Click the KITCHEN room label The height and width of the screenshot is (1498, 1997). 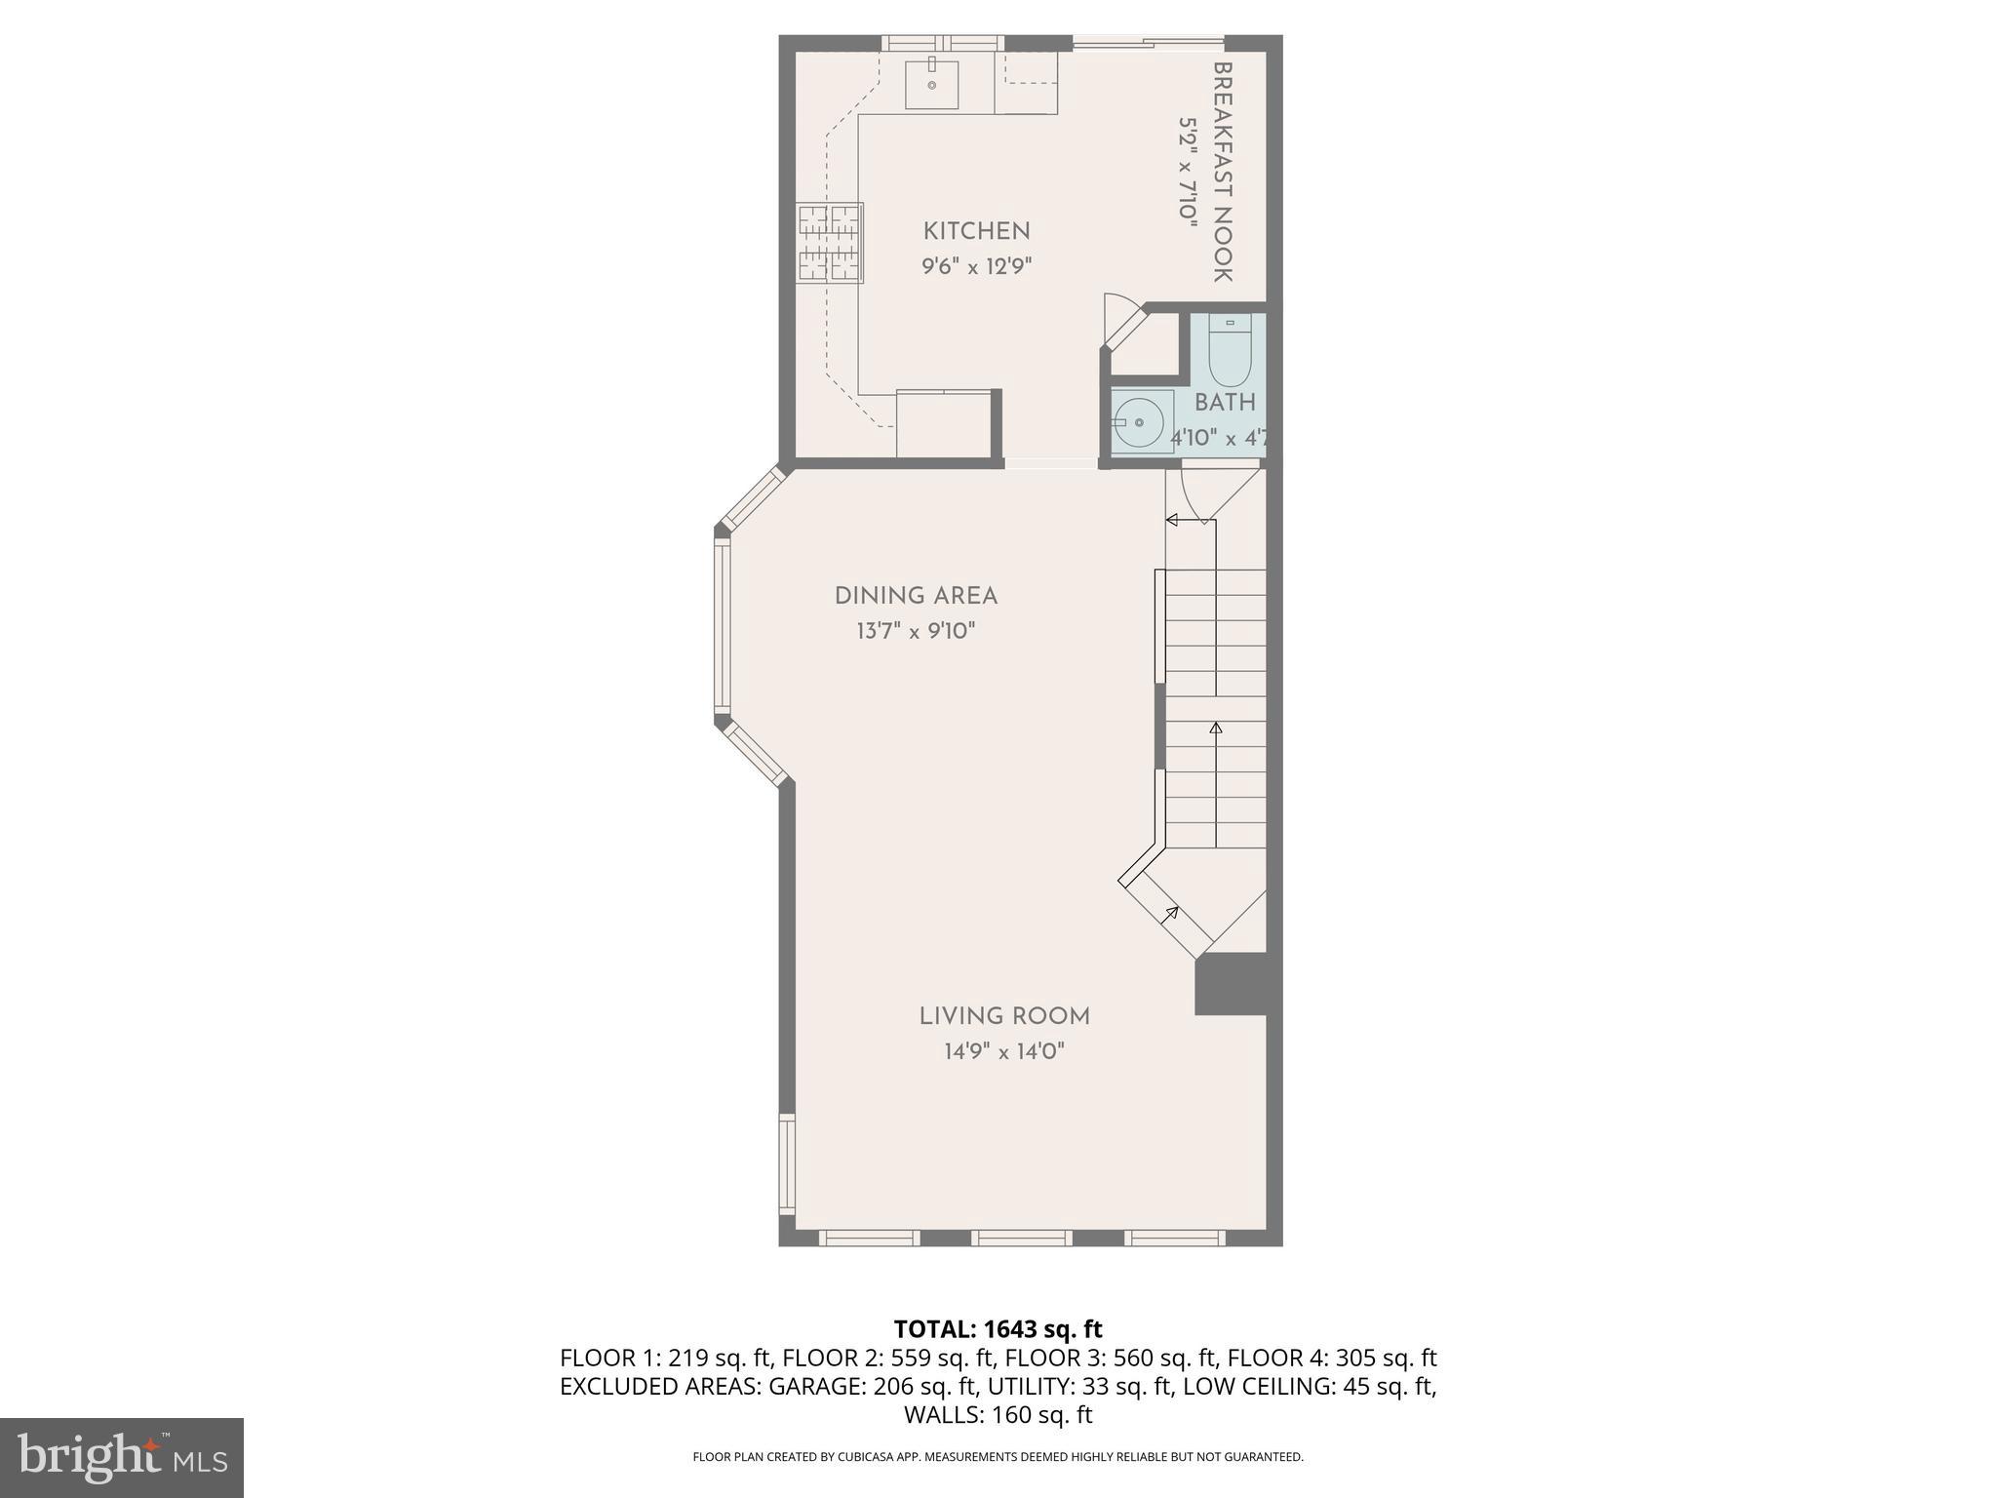[976, 231]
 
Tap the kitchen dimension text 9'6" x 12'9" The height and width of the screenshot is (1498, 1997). [976, 266]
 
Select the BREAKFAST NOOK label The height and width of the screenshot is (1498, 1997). [1223, 173]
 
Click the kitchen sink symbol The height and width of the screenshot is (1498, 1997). [931, 85]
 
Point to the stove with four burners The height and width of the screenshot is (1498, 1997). [830, 243]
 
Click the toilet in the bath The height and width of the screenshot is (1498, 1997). [1230, 351]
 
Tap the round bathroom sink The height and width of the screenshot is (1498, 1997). [1140, 422]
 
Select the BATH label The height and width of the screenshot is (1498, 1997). [1225, 402]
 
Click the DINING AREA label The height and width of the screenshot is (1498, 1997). [916, 596]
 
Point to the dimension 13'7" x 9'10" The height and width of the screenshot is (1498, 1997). [916, 631]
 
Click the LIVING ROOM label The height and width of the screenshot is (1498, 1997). [1004, 1016]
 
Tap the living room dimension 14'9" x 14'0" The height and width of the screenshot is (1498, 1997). [1004, 1051]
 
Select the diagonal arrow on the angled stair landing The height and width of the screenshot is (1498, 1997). [1169, 915]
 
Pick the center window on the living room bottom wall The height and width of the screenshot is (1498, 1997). [1021, 1238]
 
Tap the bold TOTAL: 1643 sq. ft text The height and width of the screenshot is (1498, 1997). [998, 1329]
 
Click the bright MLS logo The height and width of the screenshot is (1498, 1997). [122, 1457]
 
